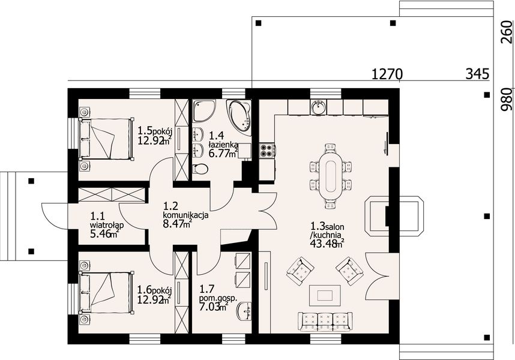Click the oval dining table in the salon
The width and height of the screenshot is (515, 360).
(330, 176)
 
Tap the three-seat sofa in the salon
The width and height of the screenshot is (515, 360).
(325, 321)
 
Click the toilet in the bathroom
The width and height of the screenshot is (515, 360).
(200, 169)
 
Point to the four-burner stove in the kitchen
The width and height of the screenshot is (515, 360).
(267, 151)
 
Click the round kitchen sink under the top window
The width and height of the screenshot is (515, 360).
(318, 107)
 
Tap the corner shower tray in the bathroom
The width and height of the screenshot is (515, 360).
(204, 110)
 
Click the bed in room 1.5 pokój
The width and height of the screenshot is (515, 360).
(106, 139)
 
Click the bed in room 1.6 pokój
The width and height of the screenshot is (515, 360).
(106, 292)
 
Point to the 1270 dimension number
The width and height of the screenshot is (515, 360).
(387, 74)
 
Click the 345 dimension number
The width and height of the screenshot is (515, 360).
(477, 74)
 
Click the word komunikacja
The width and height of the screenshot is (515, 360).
(185, 215)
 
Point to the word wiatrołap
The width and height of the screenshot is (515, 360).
(106, 226)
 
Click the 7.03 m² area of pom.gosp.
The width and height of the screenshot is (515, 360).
(214, 307)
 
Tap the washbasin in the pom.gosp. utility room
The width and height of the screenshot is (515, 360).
(244, 310)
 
